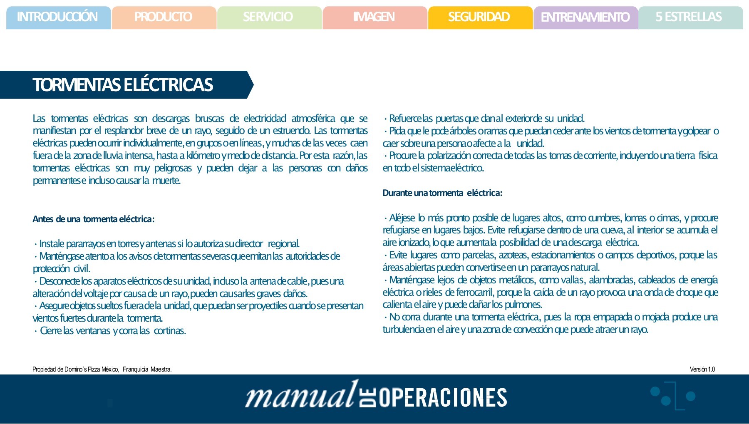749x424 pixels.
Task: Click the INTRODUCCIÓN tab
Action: click(57, 17)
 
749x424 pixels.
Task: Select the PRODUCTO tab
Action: click(163, 17)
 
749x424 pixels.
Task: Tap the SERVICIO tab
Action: click(268, 17)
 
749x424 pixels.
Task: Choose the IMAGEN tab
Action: click(374, 17)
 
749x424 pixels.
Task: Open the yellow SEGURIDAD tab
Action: click(479, 17)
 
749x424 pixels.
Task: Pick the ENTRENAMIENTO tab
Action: click(585, 17)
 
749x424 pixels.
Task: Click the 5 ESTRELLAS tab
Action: click(689, 17)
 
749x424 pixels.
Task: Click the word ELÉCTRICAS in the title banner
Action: click(169, 85)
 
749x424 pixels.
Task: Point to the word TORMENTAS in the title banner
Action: click(77, 85)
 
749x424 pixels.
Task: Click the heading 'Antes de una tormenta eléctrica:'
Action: click(94, 219)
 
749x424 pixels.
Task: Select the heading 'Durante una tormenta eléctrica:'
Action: click(442, 193)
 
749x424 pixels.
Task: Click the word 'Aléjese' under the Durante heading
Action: click(402, 218)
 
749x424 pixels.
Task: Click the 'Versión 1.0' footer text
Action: click(702, 369)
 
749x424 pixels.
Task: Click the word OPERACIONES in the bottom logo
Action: click(443, 397)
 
